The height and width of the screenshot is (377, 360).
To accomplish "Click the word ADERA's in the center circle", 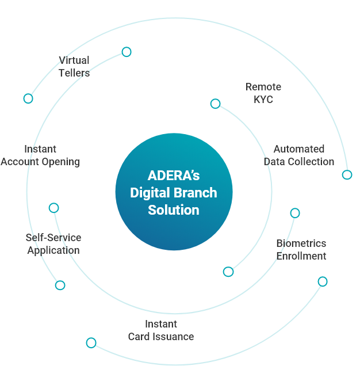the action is (x=174, y=176).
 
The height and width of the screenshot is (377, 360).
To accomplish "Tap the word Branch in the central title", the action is (x=196, y=193).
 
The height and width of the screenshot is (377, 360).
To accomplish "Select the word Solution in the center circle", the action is (x=174, y=210).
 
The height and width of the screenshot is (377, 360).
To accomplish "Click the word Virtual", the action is (x=74, y=60).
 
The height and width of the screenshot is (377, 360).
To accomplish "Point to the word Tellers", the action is (x=74, y=73).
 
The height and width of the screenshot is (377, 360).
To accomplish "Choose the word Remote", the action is (x=263, y=87).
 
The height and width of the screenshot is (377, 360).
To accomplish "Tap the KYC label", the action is (x=263, y=100).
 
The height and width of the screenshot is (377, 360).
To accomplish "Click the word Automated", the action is (x=299, y=149).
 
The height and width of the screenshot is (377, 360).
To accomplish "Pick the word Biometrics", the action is (x=301, y=243).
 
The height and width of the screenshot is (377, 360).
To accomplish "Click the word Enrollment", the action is (x=301, y=256).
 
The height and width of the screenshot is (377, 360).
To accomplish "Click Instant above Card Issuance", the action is (x=161, y=324).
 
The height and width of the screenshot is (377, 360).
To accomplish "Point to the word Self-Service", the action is (x=53, y=238).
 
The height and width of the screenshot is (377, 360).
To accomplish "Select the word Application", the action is (x=53, y=250).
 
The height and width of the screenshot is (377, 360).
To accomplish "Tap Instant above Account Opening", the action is (x=40, y=149).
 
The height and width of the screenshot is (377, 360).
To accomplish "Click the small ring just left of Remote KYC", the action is (x=215, y=104).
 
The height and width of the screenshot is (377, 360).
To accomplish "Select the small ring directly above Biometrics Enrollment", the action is (x=295, y=213).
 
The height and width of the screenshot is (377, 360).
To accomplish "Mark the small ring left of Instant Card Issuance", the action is (x=91, y=343).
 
